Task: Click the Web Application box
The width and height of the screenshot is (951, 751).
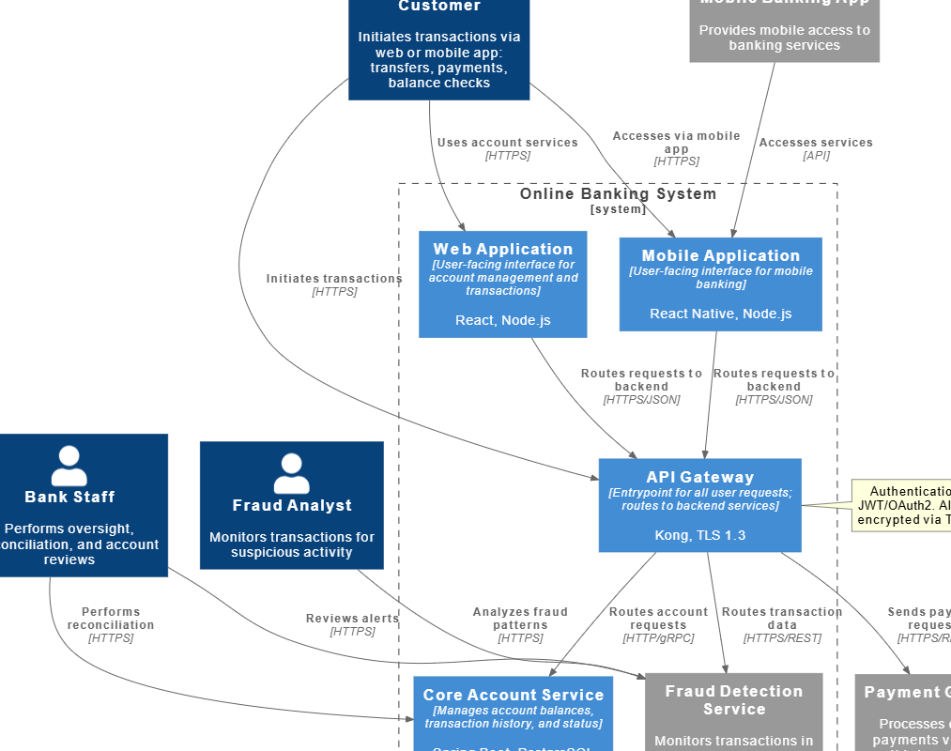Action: [x=502, y=284]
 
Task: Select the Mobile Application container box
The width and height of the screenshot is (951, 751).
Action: [x=720, y=284]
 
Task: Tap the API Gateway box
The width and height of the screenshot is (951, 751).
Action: [x=699, y=505]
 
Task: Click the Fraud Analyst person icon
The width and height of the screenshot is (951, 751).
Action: [x=291, y=473]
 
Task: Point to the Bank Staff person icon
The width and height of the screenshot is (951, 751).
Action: [x=69, y=465]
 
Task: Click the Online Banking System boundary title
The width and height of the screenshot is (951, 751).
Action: [x=618, y=194]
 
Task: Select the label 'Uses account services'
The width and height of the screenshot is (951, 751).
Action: [x=507, y=143]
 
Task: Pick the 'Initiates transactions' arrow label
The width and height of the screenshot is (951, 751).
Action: [x=334, y=279]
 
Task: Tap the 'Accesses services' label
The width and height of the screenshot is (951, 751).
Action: [x=816, y=143]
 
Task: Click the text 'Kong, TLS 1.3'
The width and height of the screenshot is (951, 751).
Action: [x=699, y=535]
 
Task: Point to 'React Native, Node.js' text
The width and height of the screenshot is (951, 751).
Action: [x=720, y=314]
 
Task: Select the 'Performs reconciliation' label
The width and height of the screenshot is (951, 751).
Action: [x=111, y=619]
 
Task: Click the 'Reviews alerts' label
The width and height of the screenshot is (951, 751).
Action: [x=352, y=619]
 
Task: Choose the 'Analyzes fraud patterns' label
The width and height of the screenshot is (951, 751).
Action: [x=520, y=619]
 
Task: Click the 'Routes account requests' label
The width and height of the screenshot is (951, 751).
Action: [x=658, y=619]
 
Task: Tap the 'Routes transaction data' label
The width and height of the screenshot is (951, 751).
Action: [x=782, y=619]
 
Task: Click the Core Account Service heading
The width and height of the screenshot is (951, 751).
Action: [x=513, y=695]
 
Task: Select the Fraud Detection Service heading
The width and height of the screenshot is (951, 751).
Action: [x=734, y=700]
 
